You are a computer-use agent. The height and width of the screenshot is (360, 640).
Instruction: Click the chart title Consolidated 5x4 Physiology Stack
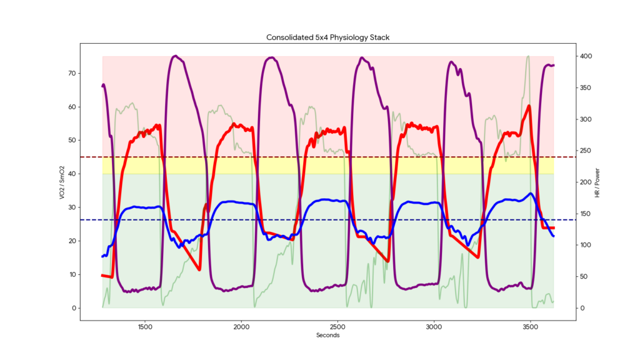point(328,37)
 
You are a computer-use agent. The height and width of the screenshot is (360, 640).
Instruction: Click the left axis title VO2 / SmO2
point(61,182)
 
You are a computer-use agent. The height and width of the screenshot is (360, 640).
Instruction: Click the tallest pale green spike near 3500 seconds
point(528,56)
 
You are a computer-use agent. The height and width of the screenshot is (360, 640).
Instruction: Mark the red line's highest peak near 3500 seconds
point(529,106)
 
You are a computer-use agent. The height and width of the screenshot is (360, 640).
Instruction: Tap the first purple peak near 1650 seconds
point(176,56)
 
